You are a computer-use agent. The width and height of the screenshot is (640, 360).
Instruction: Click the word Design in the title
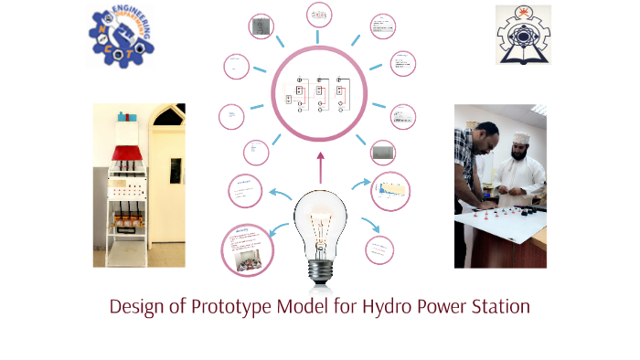(x=138, y=307)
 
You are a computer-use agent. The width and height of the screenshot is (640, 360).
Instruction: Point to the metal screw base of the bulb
(x=320, y=269)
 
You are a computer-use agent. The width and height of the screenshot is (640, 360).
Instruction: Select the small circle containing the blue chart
(x=389, y=190)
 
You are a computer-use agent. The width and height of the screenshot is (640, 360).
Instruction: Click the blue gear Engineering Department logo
(x=122, y=36)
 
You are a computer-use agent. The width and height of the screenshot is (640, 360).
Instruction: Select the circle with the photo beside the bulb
(x=247, y=249)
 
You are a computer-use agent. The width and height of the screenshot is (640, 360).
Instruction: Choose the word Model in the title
(x=303, y=307)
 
